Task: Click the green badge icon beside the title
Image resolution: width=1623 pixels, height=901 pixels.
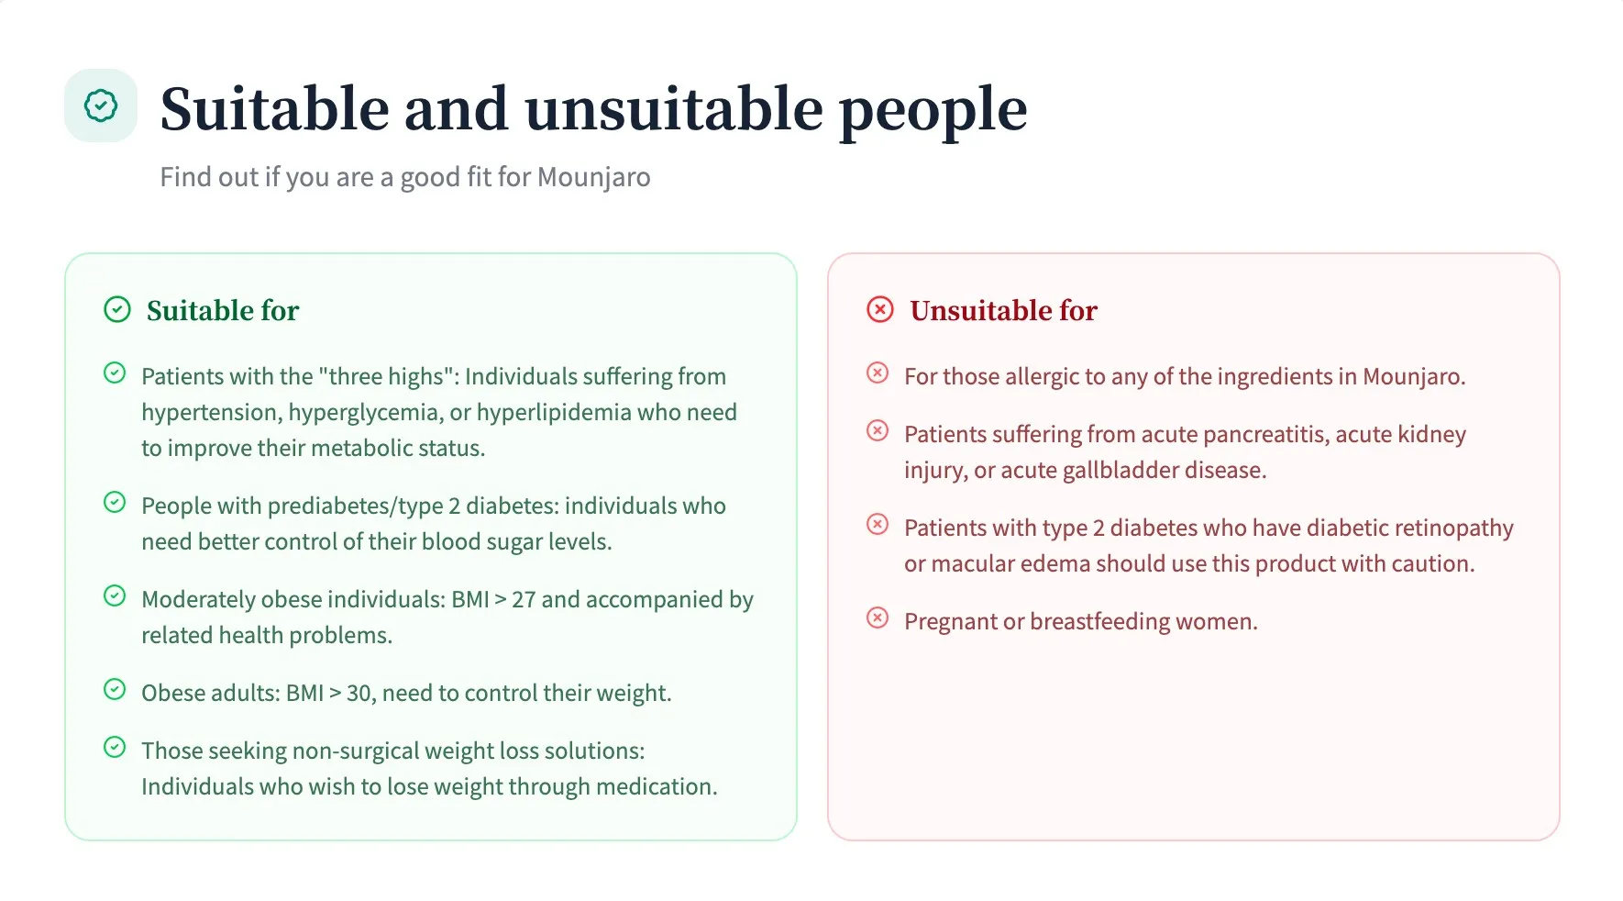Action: (x=101, y=106)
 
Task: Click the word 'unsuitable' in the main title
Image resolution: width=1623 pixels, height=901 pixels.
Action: (x=674, y=109)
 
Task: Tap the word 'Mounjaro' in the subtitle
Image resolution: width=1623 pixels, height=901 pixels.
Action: (x=593, y=177)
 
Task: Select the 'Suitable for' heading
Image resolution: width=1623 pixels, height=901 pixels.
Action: (x=223, y=311)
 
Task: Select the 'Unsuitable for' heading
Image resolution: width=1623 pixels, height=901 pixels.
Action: (x=1003, y=311)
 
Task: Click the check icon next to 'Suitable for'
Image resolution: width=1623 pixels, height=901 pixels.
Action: (x=117, y=310)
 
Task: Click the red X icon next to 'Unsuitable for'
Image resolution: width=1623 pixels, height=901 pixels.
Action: (x=880, y=310)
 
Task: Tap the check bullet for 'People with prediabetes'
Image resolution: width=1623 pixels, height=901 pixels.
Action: (x=115, y=503)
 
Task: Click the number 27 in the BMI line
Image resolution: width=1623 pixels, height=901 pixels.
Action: (x=524, y=600)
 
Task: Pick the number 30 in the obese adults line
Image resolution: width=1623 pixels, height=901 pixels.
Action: (x=359, y=694)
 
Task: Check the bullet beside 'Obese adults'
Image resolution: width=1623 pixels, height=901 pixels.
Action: (x=115, y=690)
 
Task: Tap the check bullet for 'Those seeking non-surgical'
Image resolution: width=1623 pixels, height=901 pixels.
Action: (x=115, y=748)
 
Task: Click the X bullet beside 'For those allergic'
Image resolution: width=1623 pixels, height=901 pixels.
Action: (x=878, y=373)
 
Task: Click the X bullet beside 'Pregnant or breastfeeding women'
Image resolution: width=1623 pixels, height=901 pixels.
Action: (x=878, y=618)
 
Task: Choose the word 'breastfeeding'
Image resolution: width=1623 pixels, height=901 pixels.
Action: (x=1099, y=622)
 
